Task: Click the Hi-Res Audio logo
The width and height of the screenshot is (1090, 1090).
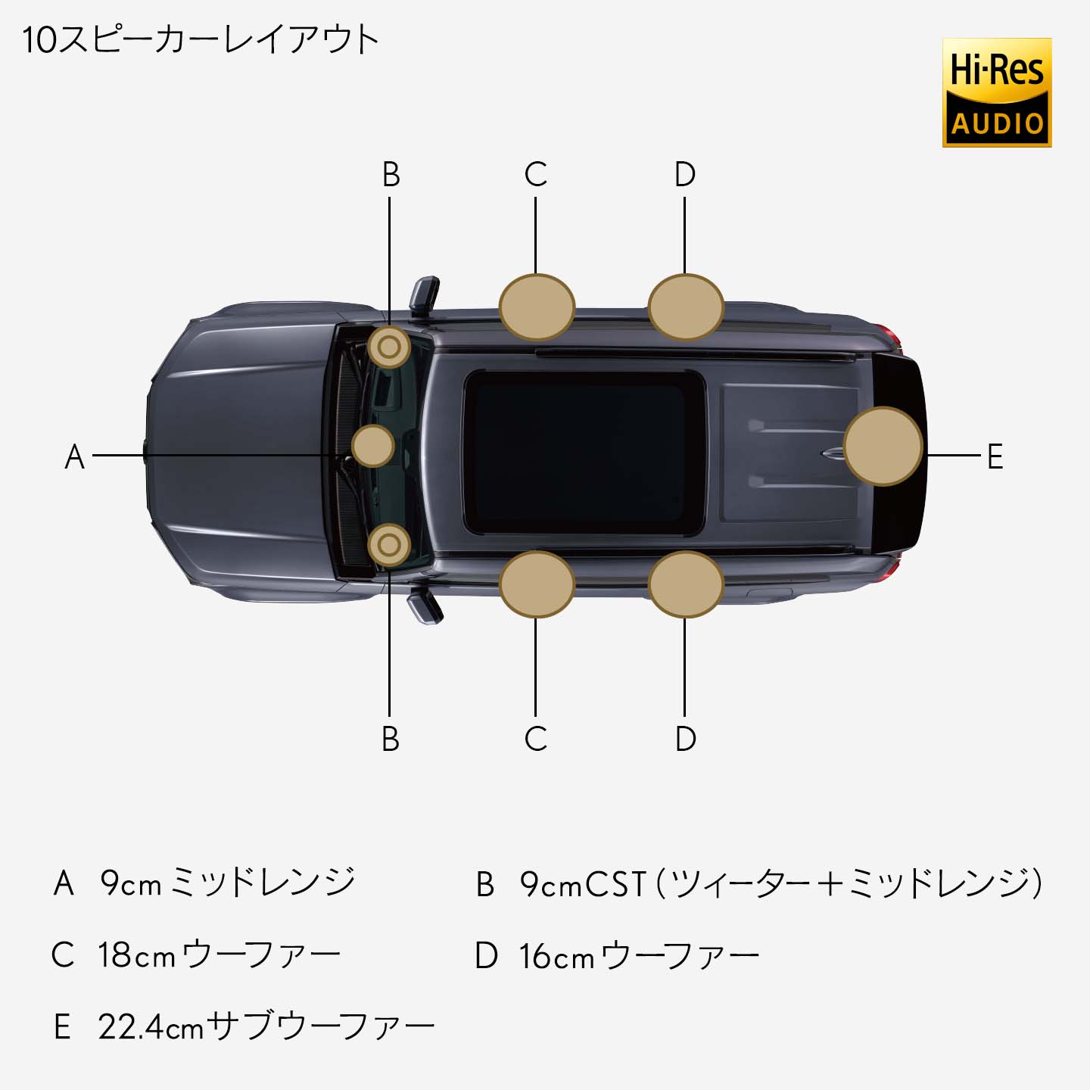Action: pos(996,92)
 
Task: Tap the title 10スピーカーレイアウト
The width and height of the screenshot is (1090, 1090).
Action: pos(200,40)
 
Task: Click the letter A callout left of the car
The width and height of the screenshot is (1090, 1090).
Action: pos(74,456)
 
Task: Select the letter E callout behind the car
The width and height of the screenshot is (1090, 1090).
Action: pos(995,456)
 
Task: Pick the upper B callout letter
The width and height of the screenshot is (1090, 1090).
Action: pos(391,175)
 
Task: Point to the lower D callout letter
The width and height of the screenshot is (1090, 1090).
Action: pos(685,739)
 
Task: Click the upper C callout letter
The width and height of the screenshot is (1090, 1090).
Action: pos(535,175)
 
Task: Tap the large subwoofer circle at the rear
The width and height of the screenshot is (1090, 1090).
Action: pos(883,447)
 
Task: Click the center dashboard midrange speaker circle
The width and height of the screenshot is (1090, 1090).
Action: pos(373,446)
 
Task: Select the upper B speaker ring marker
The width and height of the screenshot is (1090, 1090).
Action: pos(389,347)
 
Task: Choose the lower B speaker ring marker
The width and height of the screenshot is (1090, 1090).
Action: pos(389,545)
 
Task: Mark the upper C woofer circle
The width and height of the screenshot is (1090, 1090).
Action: pos(537,307)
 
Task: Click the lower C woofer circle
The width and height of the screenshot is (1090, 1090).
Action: pos(537,584)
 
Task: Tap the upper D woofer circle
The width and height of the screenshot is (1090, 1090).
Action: pos(686,307)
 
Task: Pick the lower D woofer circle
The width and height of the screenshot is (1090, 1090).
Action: pos(686,584)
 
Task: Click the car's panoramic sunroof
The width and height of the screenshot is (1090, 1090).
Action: pos(583,452)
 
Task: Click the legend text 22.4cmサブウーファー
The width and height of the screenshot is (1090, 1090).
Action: pos(266,1027)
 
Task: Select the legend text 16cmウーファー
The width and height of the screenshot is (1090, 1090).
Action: pos(639,956)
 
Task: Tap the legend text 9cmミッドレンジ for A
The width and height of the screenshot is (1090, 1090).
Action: pos(228,883)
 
